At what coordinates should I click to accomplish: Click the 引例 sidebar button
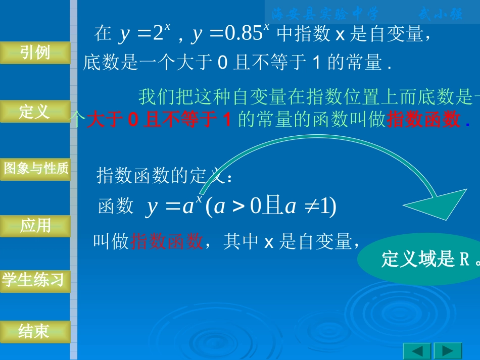pyautogui.click(x=35, y=53)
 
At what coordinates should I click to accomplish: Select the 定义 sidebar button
pyautogui.click(x=34, y=112)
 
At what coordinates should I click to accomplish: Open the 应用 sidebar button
pyautogui.click(x=35, y=226)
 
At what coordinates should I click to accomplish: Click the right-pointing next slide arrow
pyautogui.click(x=448, y=350)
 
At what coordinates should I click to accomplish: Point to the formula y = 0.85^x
pyautogui.click(x=230, y=34)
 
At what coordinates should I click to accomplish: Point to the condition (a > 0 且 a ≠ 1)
pyautogui.click(x=271, y=208)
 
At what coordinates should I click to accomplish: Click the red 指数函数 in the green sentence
pyautogui.click(x=423, y=120)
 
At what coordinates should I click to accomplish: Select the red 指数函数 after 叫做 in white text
pyautogui.click(x=167, y=242)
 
